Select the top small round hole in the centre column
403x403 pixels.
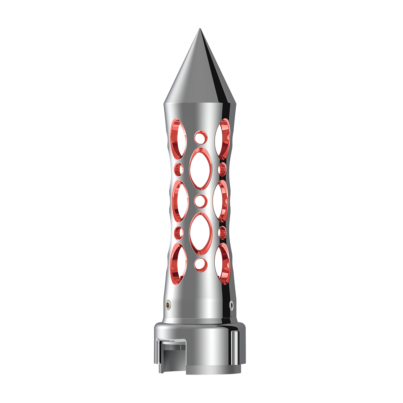click(200, 137)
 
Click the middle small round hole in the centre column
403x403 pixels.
click(200, 201)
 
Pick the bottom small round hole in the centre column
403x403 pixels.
click(200, 264)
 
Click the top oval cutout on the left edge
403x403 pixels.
click(179, 138)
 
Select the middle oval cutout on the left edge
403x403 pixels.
click(180, 201)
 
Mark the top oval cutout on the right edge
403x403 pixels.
click(222, 138)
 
